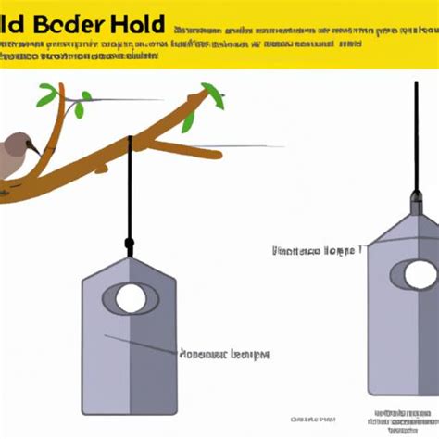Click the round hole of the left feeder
point(131,298)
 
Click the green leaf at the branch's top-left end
point(47,94)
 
